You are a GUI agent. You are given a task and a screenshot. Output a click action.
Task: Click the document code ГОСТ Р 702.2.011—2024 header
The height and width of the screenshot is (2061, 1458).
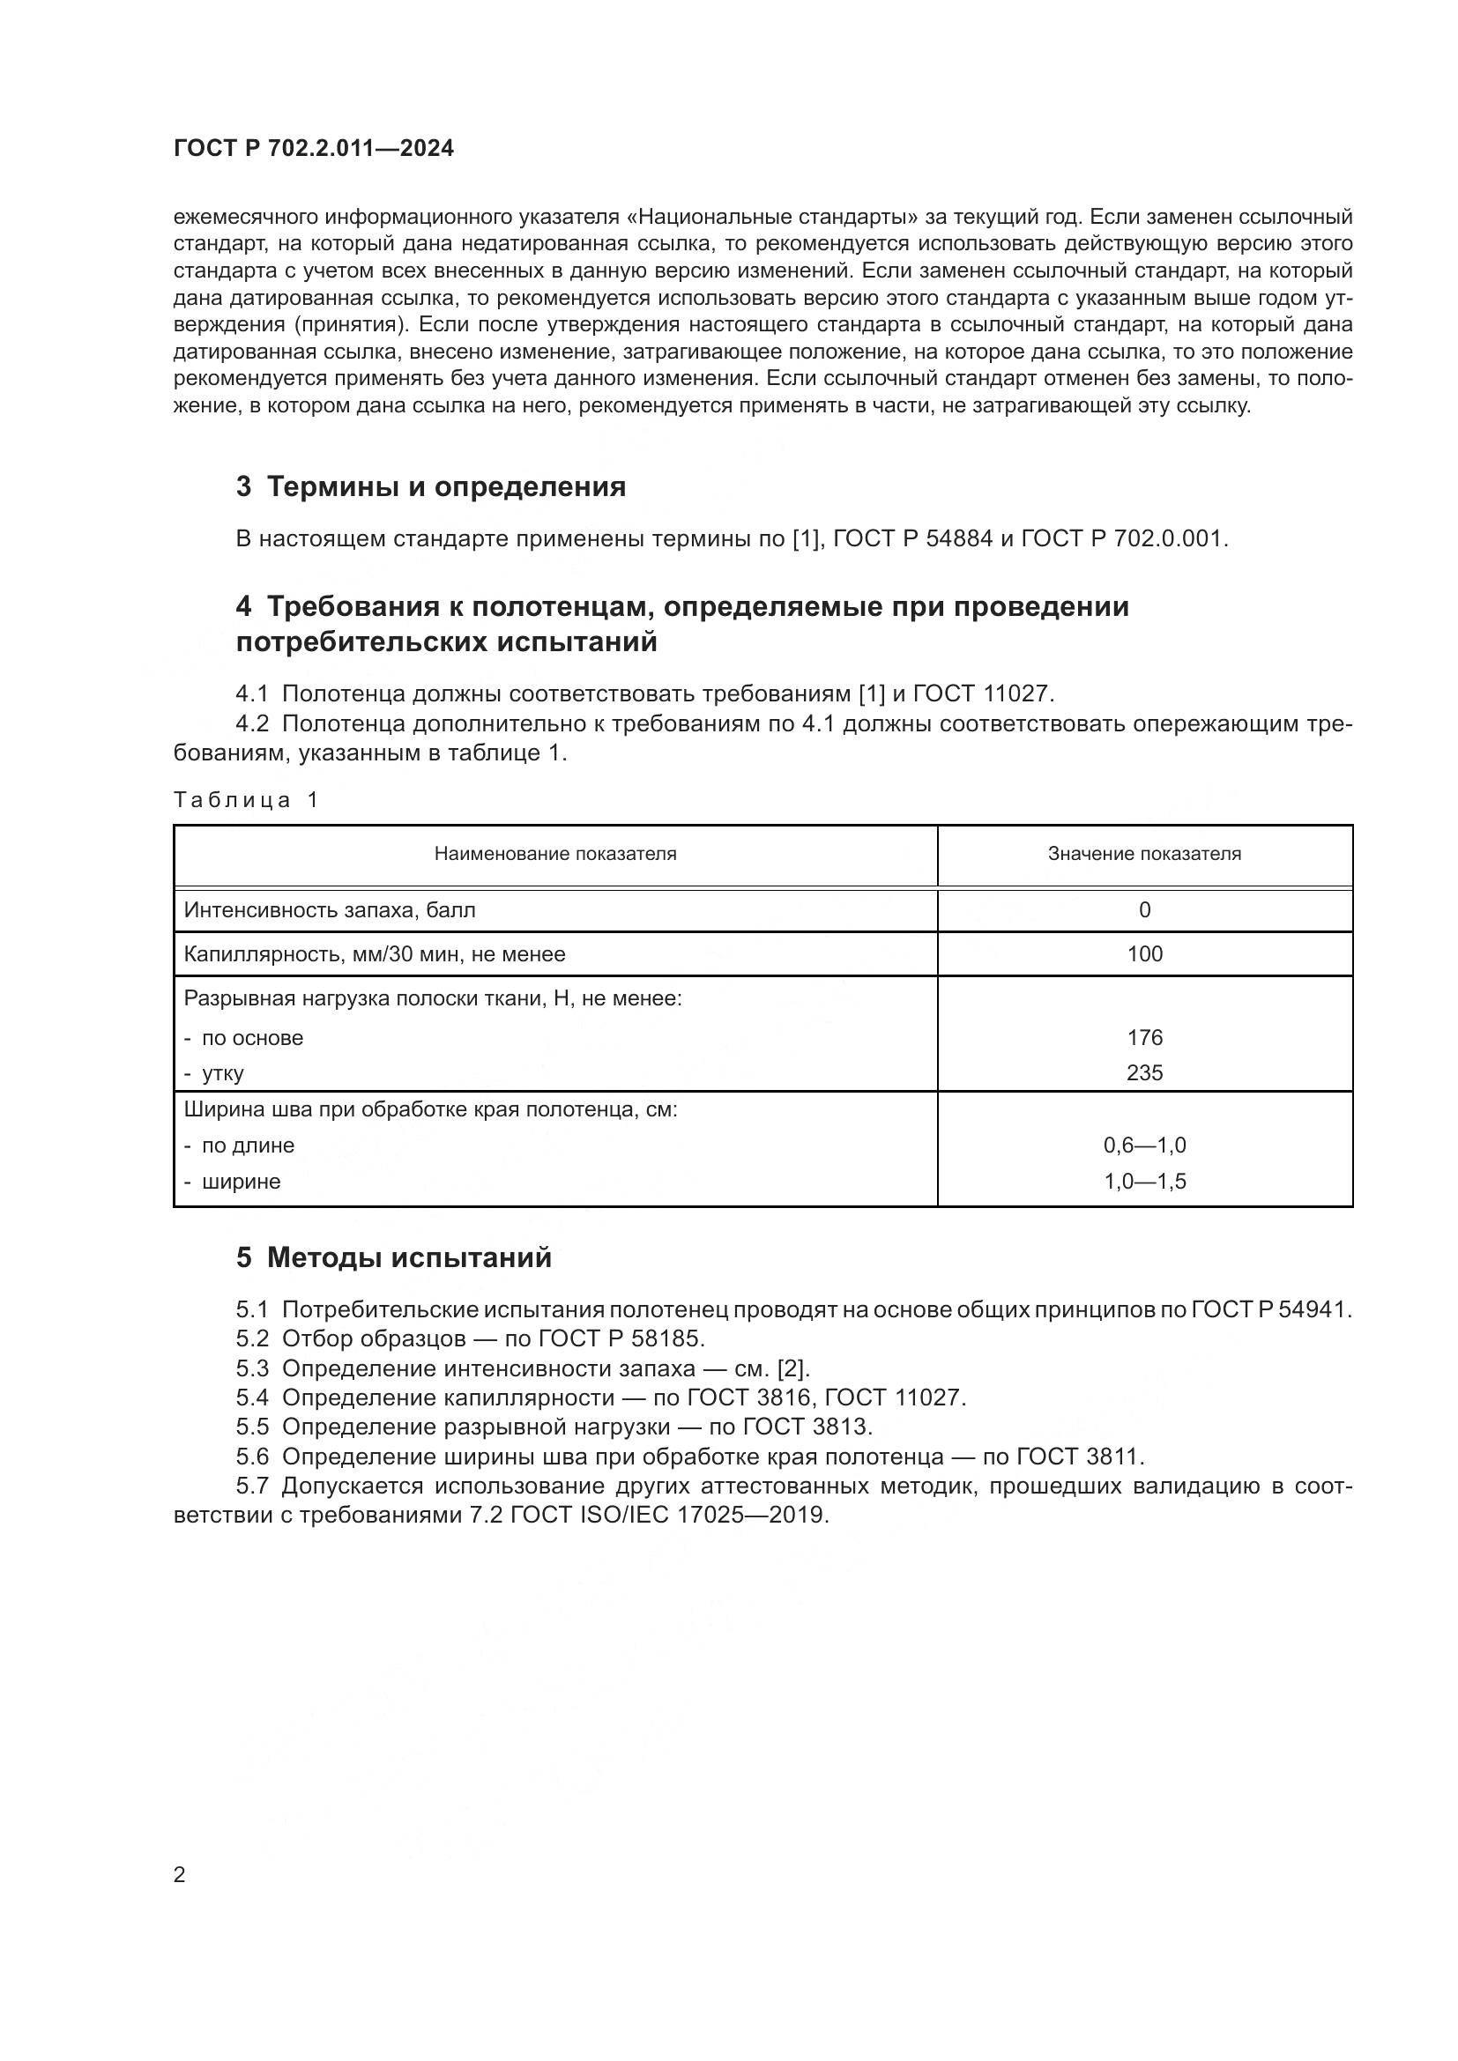[313, 149]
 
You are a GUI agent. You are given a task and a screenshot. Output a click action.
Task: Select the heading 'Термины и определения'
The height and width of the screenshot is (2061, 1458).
[446, 487]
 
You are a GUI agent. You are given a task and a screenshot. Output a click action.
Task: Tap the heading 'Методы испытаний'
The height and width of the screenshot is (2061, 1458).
[408, 1257]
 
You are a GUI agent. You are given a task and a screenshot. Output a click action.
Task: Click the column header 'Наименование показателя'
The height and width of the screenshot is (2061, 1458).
[554, 854]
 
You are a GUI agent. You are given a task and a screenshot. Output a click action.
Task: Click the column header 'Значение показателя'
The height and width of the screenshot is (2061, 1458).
[1144, 854]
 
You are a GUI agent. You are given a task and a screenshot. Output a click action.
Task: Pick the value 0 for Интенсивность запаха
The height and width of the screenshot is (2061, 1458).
[1144, 910]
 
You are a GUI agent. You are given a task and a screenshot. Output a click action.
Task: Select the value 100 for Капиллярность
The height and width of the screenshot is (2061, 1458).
[1144, 954]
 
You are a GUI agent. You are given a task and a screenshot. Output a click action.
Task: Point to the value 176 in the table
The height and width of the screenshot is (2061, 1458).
[1144, 1038]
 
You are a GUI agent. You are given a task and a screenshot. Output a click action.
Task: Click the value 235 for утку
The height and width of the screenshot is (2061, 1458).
[1144, 1072]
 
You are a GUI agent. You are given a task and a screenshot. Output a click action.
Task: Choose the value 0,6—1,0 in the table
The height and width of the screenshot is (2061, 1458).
[1144, 1145]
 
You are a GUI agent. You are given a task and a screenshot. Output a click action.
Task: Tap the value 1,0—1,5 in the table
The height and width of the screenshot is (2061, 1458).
[1144, 1182]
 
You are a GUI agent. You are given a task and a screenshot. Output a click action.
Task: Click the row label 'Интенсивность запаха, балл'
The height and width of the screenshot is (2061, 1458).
[330, 910]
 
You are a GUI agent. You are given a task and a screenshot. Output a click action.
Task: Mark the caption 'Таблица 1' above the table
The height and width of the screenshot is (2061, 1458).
[246, 800]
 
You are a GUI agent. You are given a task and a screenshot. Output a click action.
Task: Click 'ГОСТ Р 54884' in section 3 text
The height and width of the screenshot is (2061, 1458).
[913, 538]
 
